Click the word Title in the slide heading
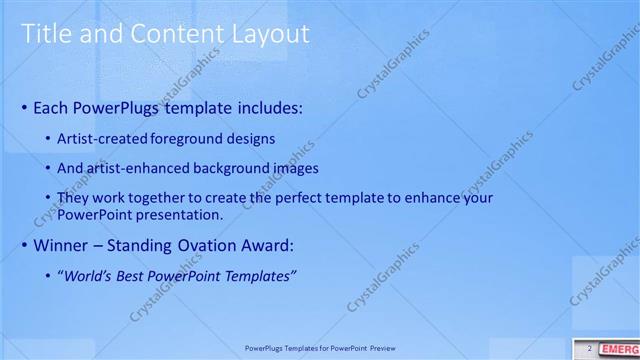tap(45, 34)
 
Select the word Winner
tap(61, 245)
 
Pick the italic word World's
tap(92, 275)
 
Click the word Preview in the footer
tap(381, 349)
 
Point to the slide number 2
tap(589, 348)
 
